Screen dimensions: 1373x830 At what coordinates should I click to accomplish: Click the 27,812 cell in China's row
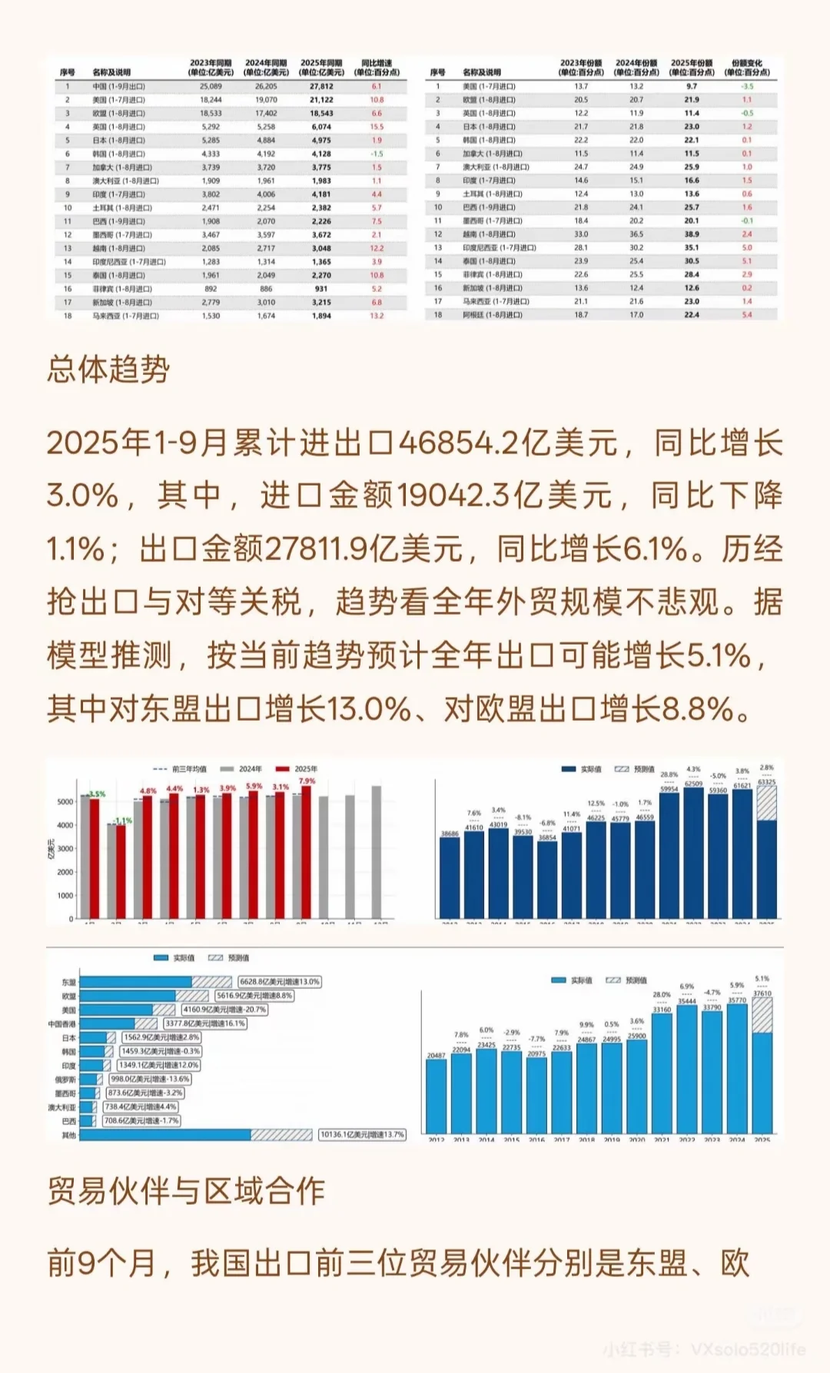[x=321, y=87]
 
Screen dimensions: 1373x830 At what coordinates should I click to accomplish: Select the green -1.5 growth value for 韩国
[x=377, y=154]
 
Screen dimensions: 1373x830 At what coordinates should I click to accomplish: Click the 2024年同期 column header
[x=266, y=68]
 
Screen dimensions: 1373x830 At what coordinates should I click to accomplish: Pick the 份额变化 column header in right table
[x=747, y=68]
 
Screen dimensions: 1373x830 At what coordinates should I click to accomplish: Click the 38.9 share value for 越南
[x=692, y=234]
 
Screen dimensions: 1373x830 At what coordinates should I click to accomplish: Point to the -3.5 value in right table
[x=747, y=87]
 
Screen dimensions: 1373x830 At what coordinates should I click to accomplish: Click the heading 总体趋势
[x=108, y=370]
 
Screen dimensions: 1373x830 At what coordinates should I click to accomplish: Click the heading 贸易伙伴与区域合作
[x=186, y=1191]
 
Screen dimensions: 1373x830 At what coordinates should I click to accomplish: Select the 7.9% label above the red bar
[x=307, y=781]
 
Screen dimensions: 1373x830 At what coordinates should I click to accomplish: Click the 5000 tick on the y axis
[x=65, y=801]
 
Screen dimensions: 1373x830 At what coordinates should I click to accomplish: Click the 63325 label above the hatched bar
[x=766, y=782]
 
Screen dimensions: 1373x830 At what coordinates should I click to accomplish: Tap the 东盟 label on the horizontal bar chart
[x=68, y=982]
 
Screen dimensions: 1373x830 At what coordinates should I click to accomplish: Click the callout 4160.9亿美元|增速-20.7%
[x=224, y=1010]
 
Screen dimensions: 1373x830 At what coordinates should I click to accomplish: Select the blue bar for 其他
[x=165, y=1135]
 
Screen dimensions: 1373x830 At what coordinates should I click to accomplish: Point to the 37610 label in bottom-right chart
[x=762, y=993]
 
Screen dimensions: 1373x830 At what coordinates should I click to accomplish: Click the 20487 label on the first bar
[x=436, y=1056]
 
